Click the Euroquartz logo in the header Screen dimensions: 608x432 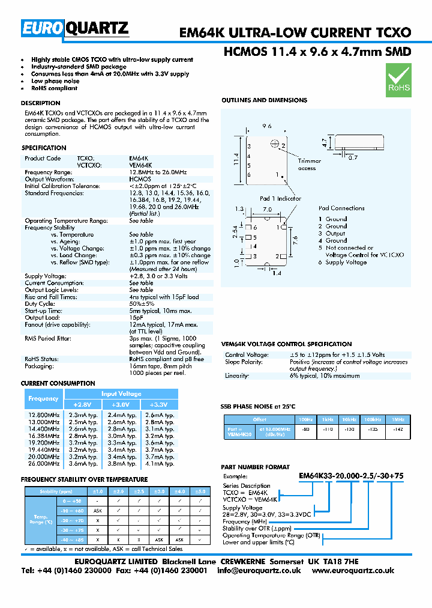click(x=75, y=28)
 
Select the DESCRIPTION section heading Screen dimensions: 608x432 click(x=41, y=103)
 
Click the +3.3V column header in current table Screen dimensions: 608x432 click(x=162, y=404)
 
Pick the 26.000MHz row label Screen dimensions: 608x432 click(x=44, y=463)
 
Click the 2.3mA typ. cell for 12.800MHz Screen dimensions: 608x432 click(x=83, y=415)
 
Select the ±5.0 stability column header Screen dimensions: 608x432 click(x=200, y=491)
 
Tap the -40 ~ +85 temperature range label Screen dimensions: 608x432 click(x=71, y=540)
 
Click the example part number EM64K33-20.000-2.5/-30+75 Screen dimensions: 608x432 click(x=351, y=476)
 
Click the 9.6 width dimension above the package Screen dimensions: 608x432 click(x=268, y=127)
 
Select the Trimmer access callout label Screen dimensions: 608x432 click(x=310, y=165)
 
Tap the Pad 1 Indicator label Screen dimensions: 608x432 click(x=280, y=198)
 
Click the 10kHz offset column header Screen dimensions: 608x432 click(x=348, y=419)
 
